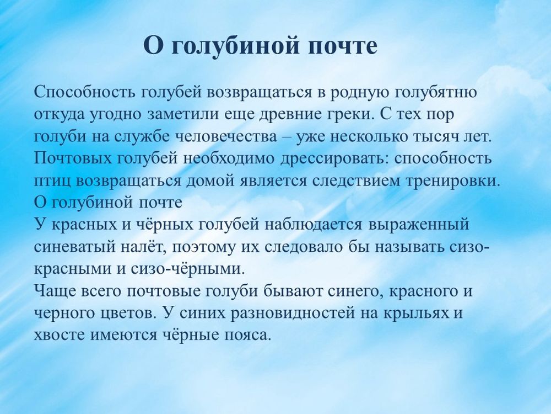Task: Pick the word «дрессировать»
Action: pos(302,159)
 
